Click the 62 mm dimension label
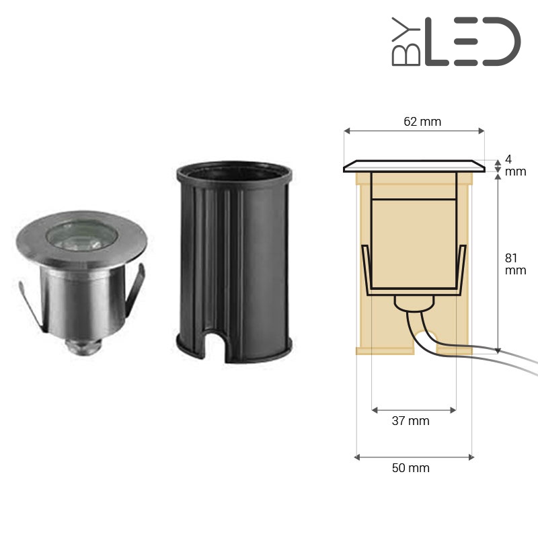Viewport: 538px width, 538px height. pos(422,122)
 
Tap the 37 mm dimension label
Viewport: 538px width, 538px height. pos(411,421)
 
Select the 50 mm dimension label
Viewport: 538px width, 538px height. pos(411,468)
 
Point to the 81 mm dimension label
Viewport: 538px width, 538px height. pos(515,264)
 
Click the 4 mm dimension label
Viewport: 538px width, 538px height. pos(515,165)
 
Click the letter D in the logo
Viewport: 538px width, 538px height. pos(502,42)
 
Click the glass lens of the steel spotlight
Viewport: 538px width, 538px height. pos(82,235)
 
